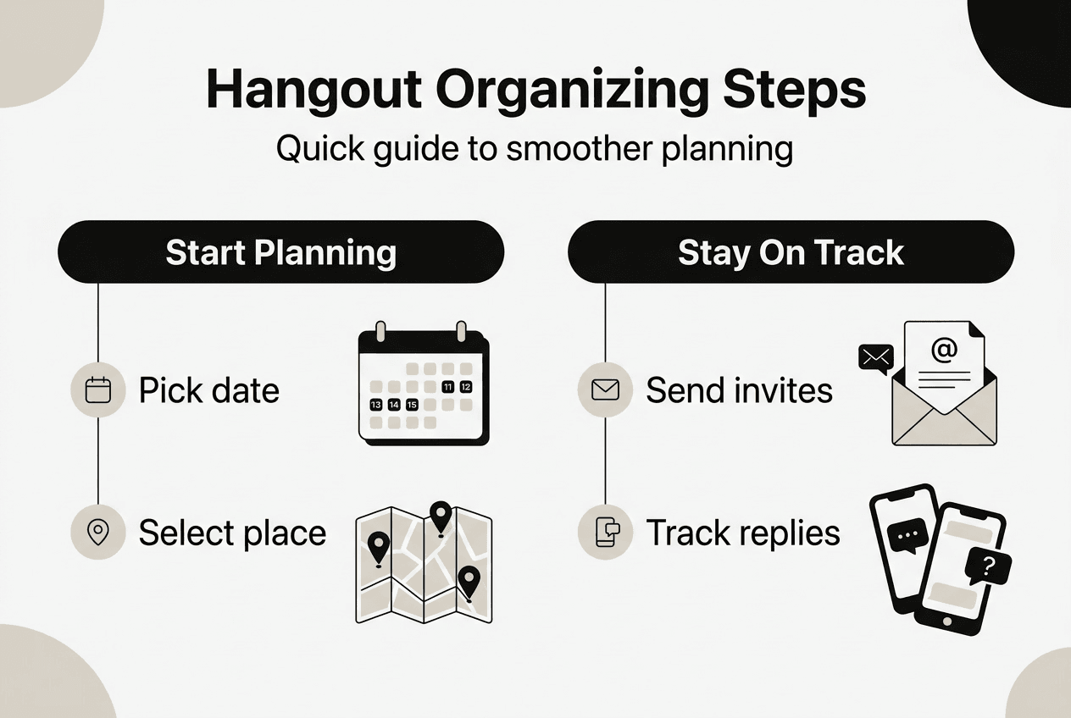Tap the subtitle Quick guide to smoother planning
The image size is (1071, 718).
[x=535, y=149]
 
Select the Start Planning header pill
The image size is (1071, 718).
[x=280, y=252]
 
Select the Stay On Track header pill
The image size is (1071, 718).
[x=791, y=252]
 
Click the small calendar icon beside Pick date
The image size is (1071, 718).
[x=99, y=390]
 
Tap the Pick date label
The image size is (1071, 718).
[x=208, y=390]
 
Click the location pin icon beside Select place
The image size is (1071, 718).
[x=99, y=533]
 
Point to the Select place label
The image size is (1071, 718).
[x=232, y=533]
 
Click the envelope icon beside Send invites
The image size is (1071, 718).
[x=605, y=390]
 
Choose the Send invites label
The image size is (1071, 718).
[x=739, y=390]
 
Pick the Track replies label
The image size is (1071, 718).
[x=743, y=533]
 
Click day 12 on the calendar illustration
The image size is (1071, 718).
[x=465, y=387]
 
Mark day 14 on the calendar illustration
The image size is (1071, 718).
[x=394, y=405]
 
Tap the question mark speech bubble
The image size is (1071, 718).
[x=987, y=566]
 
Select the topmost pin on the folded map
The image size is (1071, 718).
[x=440, y=515]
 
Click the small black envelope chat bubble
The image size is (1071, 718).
[x=875, y=358]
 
